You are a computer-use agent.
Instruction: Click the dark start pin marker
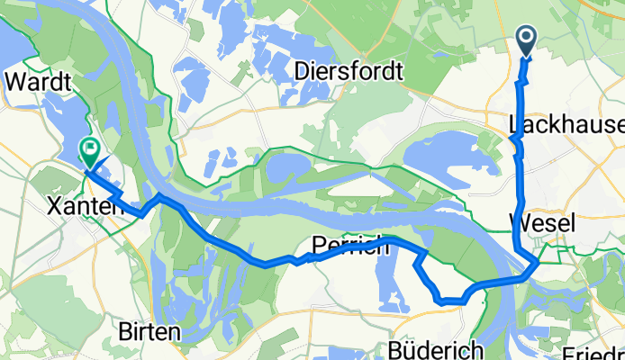click(x=527, y=40)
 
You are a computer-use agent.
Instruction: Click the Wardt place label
click(x=38, y=81)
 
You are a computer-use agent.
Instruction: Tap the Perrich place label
click(x=350, y=244)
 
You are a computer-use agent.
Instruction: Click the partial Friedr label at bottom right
click(x=593, y=351)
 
